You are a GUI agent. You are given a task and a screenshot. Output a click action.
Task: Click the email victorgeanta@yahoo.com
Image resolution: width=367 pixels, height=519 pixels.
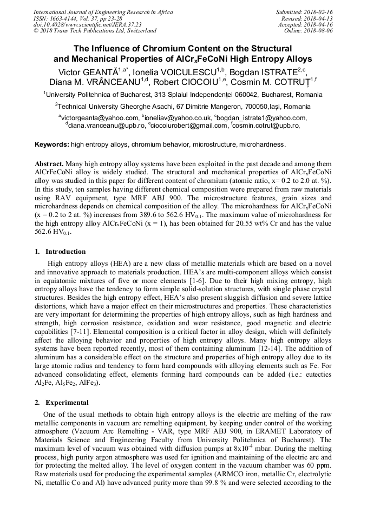[100, 117]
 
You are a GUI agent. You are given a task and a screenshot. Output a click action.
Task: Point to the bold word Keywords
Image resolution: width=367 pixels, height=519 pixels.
[52, 145]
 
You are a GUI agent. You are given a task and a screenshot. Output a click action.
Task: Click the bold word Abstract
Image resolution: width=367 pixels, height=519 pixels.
[49, 163]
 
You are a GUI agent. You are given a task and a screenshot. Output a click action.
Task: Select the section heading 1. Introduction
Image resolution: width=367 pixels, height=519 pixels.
[60, 252]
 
